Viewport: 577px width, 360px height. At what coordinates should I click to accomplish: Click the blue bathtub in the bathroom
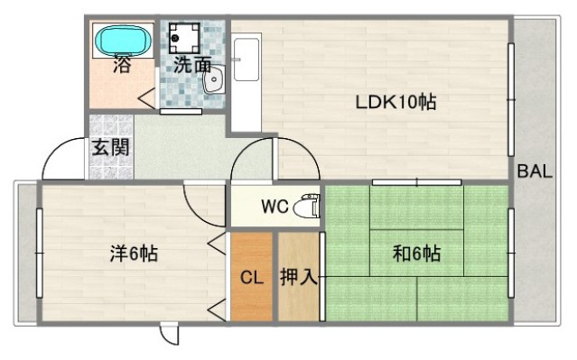tap(121, 40)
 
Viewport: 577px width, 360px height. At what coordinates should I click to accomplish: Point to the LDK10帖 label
tap(395, 102)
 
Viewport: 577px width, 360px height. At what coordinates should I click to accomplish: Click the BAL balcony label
tap(535, 171)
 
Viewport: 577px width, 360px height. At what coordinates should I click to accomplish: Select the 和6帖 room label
tap(416, 254)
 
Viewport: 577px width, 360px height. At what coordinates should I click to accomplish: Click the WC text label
tap(275, 207)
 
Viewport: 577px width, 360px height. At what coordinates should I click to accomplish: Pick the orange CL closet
tap(251, 277)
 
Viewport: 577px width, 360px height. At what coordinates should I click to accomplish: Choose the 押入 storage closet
tap(298, 277)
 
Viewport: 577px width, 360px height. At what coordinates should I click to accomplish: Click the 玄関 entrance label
tap(109, 147)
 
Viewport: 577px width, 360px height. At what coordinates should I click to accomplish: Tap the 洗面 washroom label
tap(192, 65)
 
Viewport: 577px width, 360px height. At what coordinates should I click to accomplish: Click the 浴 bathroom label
tap(122, 65)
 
